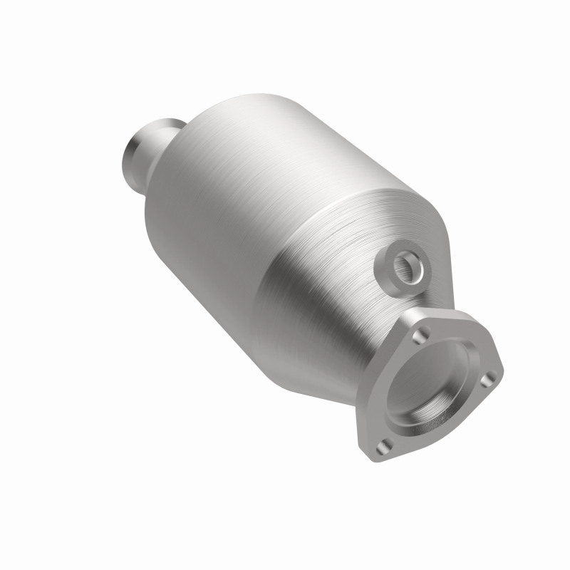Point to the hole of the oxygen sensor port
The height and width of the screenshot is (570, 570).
coord(408,267)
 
